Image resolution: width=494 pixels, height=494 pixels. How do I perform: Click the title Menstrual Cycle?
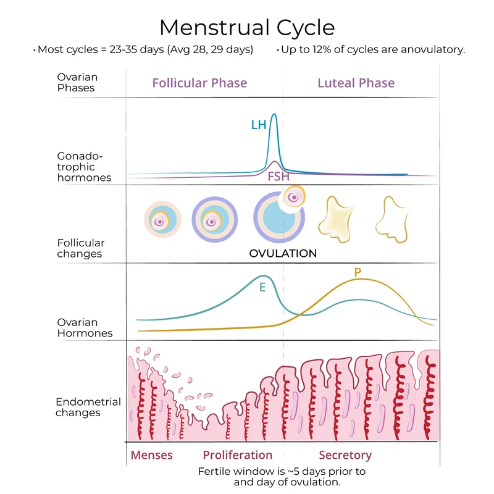247,27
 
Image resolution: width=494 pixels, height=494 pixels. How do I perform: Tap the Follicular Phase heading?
199,83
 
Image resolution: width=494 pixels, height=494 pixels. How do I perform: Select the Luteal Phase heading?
356,83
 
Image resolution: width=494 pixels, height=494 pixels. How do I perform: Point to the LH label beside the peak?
258,125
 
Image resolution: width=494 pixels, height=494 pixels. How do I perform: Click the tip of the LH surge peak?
274,114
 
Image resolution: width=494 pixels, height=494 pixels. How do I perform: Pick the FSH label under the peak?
278,177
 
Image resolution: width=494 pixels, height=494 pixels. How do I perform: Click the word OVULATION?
282,253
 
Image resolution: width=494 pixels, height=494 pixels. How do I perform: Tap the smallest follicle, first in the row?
162,220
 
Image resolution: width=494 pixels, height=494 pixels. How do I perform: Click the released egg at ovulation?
293,197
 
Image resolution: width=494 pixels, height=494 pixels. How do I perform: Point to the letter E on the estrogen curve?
262,287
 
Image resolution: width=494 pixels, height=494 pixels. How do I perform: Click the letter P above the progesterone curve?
358,272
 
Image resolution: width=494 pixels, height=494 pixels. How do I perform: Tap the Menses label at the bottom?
151,455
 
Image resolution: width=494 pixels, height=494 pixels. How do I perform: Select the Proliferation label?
237,455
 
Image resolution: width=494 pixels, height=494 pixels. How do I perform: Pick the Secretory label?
345,455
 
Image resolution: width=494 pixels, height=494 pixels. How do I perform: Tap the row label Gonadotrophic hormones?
84,167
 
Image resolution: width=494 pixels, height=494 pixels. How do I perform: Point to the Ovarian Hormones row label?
85,327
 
